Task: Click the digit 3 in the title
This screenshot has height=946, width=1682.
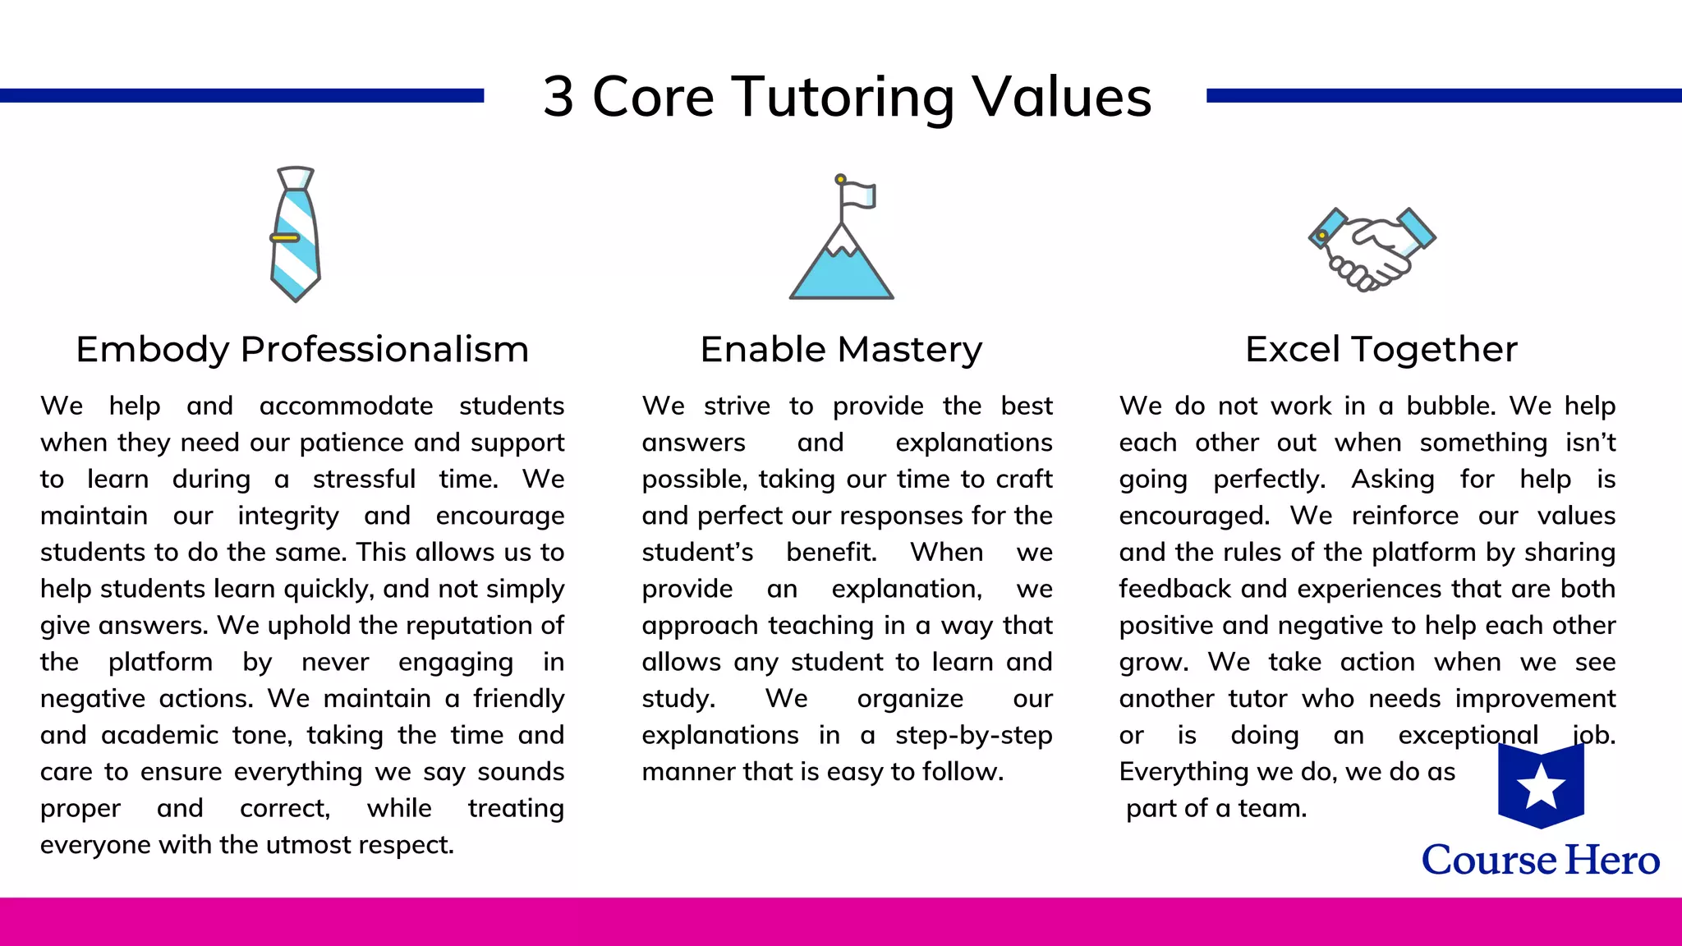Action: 558,97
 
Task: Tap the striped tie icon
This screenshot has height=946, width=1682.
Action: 295,234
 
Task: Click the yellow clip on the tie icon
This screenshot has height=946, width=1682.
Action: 285,238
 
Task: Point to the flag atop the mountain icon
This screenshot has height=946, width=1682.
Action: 858,195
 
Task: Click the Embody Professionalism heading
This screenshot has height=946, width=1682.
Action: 302,349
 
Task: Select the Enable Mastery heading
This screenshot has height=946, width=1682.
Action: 841,349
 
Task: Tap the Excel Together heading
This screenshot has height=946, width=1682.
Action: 1381,349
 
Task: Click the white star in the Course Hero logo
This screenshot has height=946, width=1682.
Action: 1541,785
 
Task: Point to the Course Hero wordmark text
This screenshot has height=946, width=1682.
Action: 1541,860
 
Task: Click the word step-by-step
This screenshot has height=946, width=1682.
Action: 973,735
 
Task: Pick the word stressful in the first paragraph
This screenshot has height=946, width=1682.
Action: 364,479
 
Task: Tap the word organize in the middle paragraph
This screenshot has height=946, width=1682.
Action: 910,699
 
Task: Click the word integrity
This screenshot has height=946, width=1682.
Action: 288,516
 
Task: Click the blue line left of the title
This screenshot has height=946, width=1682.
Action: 241,96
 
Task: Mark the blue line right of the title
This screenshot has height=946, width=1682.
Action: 1443,96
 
